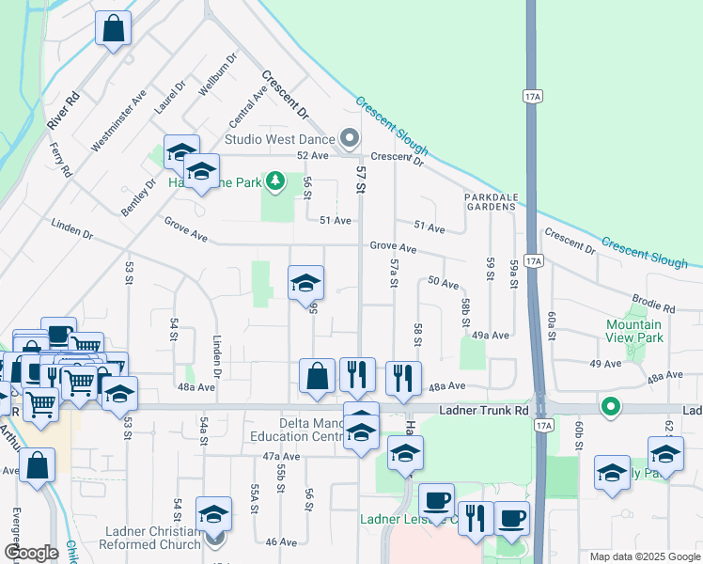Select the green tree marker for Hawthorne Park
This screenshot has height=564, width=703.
[x=274, y=180]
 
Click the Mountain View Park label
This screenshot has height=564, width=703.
[x=633, y=331]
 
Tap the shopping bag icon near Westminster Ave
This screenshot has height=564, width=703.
[x=113, y=29]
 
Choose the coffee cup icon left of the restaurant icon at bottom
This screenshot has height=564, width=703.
[x=436, y=500]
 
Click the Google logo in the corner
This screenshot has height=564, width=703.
[x=31, y=553]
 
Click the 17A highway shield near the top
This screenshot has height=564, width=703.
[x=531, y=96]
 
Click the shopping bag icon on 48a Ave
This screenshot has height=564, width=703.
[x=318, y=376]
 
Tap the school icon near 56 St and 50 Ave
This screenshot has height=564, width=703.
[x=305, y=283]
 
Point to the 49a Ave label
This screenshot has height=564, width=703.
[x=491, y=335]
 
